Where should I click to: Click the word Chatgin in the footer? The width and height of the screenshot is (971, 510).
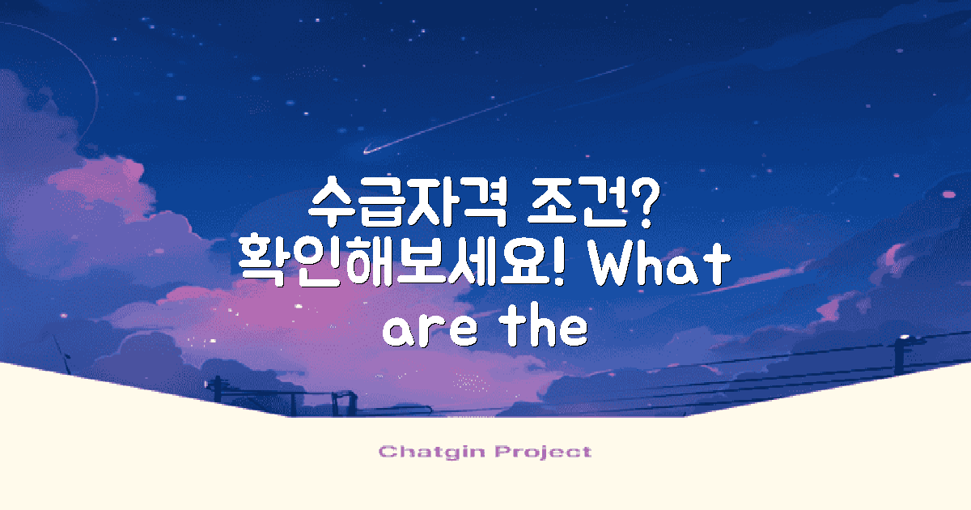(x=427, y=452)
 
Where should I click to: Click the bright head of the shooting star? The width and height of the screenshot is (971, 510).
(x=368, y=150)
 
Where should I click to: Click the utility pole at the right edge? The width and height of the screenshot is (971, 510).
(x=900, y=356)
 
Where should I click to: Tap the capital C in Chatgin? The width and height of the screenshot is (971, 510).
(x=386, y=452)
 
